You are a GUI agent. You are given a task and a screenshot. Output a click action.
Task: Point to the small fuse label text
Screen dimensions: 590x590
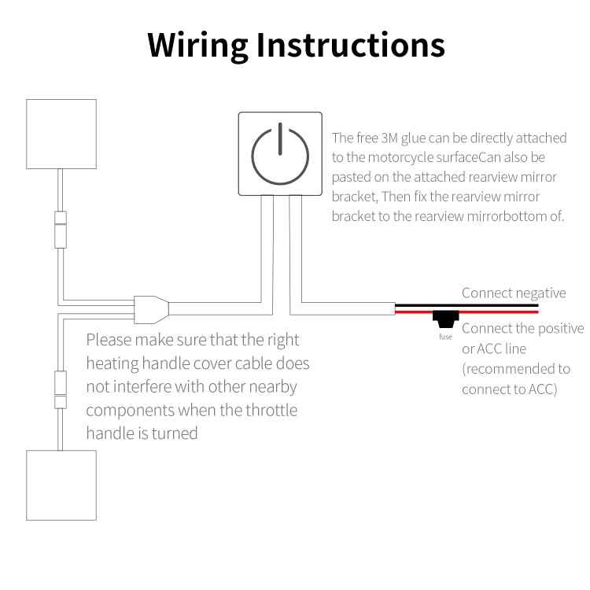pyautogui.click(x=446, y=337)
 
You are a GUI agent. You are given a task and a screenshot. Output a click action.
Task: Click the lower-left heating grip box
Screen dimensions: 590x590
pyautogui.click(x=61, y=485)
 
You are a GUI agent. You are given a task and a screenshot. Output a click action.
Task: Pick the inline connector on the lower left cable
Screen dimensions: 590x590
pyautogui.click(x=60, y=390)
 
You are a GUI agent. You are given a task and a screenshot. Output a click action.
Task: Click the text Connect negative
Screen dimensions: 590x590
pyautogui.click(x=513, y=293)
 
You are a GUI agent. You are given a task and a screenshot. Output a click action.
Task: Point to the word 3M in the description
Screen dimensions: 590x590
pyautogui.click(x=390, y=138)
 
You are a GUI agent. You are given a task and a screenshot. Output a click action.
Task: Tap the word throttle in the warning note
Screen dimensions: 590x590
pyautogui.click(x=268, y=410)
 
